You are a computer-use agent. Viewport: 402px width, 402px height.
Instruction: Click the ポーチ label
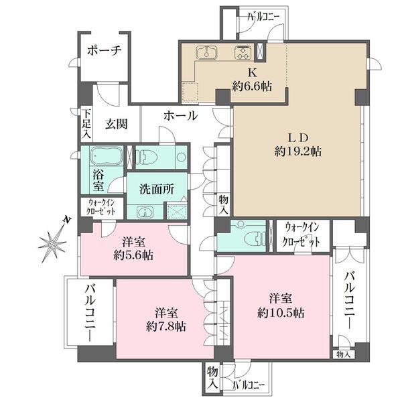[x=104, y=50]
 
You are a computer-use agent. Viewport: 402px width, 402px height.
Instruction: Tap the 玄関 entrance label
[x=117, y=125]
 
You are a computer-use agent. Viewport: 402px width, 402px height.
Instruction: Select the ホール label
[x=181, y=116]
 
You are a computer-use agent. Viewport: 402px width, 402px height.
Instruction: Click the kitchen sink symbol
[x=206, y=53]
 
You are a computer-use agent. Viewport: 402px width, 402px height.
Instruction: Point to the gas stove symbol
[x=243, y=53]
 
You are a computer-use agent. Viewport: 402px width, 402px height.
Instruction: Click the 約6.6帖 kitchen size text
[x=252, y=86]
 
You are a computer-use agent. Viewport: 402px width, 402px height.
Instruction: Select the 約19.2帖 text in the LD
[x=298, y=151]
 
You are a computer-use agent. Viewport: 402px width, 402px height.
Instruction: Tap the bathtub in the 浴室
[x=106, y=156]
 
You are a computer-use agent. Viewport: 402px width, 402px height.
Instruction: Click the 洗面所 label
[x=157, y=189]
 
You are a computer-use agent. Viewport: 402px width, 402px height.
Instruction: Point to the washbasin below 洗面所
[x=145, y=212]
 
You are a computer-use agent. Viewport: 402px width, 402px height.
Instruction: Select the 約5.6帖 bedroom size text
[x=133, y=255]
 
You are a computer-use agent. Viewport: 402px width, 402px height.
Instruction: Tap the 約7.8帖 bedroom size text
[x=166, y=327]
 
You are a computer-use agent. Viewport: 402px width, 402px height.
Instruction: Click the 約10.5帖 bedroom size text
[x=281, y=313]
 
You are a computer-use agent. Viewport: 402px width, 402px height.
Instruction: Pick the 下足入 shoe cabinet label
[x=86, y=125]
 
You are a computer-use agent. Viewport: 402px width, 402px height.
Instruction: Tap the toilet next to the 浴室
[x=145, y=157]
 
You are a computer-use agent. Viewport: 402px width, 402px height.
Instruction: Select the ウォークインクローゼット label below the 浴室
[x=102, y=207]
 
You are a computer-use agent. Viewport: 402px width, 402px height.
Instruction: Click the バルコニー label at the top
[x=263, y=17]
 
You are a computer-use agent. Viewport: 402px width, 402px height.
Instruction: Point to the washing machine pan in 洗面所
[x=177, y=212]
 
